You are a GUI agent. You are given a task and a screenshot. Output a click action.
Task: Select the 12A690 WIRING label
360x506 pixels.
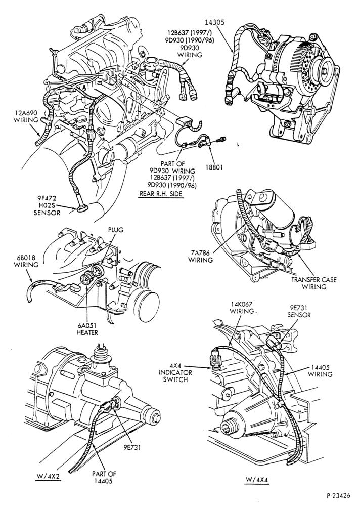pyautogui.click(x=26, y=116)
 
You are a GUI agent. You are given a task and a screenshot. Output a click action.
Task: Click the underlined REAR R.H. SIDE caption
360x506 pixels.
pyautogui.click(x=161, y=194)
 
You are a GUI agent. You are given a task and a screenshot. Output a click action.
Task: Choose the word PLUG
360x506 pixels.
pyautogui.click(x=115, y=230)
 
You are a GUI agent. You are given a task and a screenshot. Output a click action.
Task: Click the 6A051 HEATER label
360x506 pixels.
pyautogui.click(x=87, y=329)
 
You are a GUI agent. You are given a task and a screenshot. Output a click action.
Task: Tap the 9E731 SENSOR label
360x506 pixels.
pyautogui.click(x=299, y=311)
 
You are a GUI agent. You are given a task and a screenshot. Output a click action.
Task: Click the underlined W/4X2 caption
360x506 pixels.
pyautogui.click(x=48, y=477)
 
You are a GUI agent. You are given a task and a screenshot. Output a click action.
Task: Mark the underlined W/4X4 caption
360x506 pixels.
pyautogui.click(x=256, y=480)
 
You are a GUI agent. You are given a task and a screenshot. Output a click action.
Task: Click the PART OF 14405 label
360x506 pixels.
pyautogui.click(x=104, y=477)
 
